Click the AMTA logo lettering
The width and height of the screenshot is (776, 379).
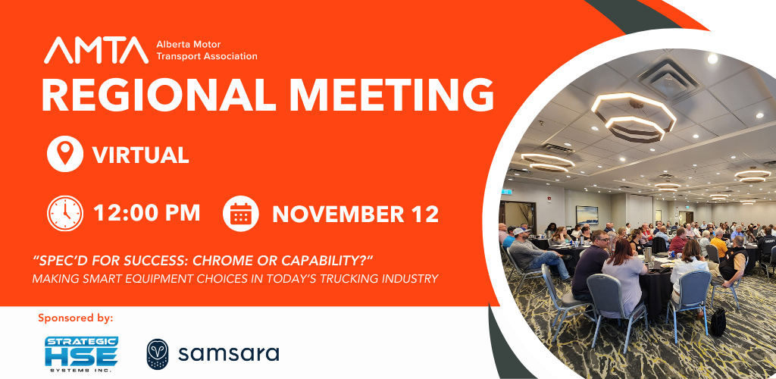point(96,50)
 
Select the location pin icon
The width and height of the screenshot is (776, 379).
point(65,154)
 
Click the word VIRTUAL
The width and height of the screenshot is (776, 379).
point(140,155)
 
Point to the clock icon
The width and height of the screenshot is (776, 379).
point(65,213)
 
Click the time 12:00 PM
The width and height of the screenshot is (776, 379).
point(146,213)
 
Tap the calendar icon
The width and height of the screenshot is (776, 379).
point(240,213)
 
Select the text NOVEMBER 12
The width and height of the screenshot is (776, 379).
point(355,215)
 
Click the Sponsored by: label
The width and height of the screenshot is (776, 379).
point(76,318)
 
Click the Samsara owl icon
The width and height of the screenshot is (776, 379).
point(158,354)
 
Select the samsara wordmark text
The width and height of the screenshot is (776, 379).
point(229,354)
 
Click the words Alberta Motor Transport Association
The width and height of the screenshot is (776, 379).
point(207,50)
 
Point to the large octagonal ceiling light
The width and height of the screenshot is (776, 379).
point(634,117)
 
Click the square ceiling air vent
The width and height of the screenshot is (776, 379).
point(670,77)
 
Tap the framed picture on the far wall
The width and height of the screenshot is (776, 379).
point(587,215)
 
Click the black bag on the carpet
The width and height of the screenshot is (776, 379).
point(718,322)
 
